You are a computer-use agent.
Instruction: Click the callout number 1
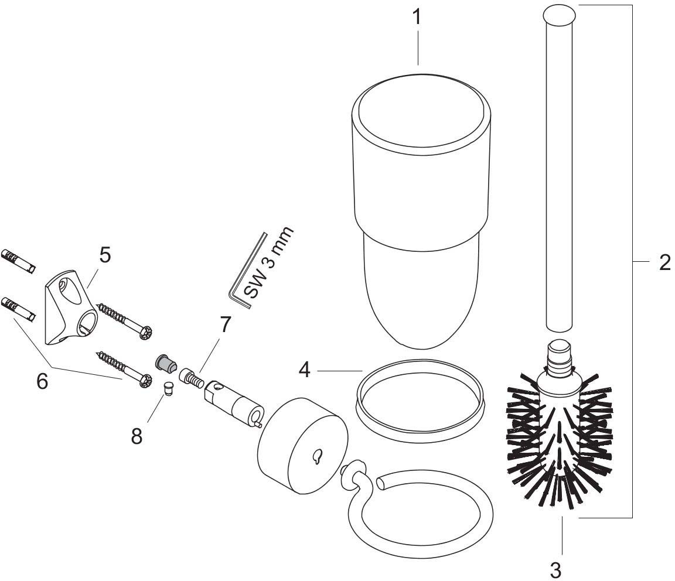(417, 17)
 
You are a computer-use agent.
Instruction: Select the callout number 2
(663, 262)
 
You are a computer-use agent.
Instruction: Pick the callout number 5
(104, 256)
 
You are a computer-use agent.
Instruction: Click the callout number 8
(137, 436)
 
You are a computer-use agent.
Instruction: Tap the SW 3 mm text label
(267, 264)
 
